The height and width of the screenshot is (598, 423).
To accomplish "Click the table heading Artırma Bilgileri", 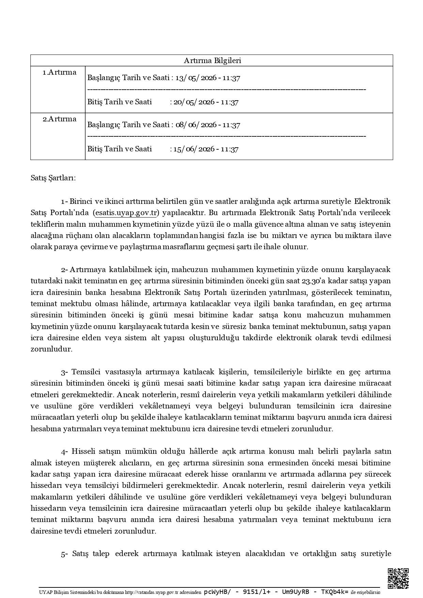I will [x=212, y=61].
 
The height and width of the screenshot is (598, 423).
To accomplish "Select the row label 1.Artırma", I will [x=59, y=72].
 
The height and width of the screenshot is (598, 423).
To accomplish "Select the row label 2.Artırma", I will [x=59, y=119].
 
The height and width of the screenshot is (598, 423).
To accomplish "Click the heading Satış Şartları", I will [x=53, y=178].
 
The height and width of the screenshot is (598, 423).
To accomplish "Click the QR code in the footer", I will [x=398, y=578].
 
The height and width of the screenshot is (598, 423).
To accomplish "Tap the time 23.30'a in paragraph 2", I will [x=312, y=281].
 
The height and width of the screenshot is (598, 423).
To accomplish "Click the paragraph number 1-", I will [x=65, y=201].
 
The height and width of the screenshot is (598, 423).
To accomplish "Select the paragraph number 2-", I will [x=65, y=270].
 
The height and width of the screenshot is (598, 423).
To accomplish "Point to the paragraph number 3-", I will [x=65, y=372].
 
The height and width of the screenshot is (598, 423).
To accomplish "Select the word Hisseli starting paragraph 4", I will [x=84, y=452].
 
